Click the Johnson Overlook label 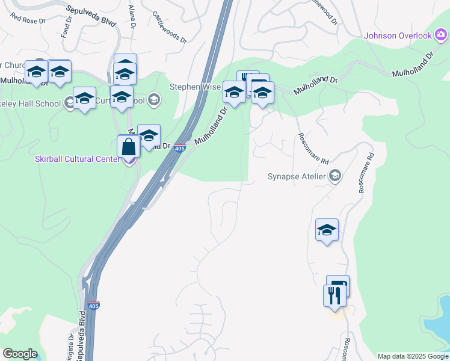tap(398, 35)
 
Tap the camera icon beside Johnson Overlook tap(441, 35)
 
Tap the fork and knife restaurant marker tap(334, 295)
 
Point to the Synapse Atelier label tap(297, 177)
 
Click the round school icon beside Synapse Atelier tap(335, 176)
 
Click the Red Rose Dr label tap(27, 19)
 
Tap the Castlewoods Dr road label tap(166, 25)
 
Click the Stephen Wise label tap(194, 87)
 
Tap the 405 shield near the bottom tap(93, 306)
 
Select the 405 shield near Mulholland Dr tap(180, 148)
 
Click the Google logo tap(20, 354)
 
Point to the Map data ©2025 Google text tap(412, 356)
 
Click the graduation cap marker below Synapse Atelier tap(327, 230)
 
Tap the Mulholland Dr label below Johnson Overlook tap(413, 64)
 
